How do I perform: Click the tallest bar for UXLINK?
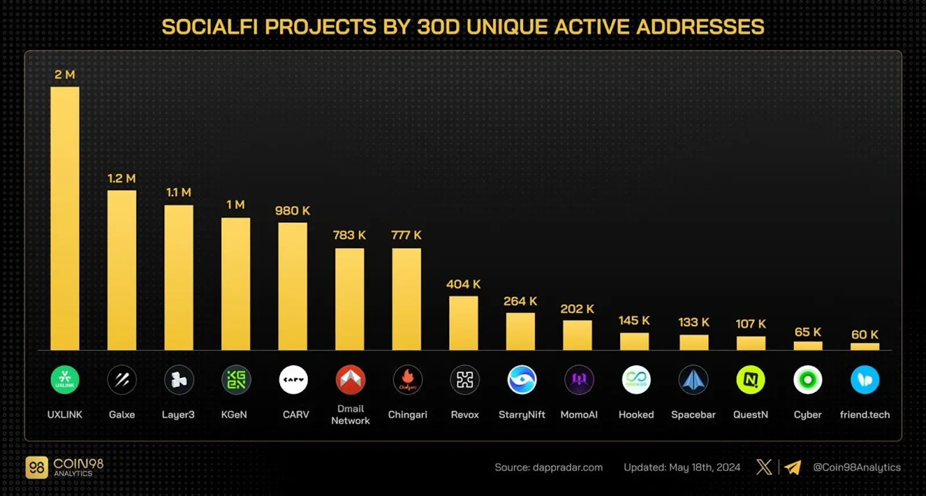pyautogui.click(x=65, y=218)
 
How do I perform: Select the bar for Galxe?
pyautogui.click(x=122, y=270)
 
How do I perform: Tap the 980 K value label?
pyautogui.click(x=292, y=211)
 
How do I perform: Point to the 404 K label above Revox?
pyautogui.click(x=463, y=285)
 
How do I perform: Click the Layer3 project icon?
pyautogui.click(x=179, y=380)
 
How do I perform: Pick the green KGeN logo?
pyautogui.click(x=236, y=380)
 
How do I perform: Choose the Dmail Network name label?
pyautogui.click(x=350, y=415)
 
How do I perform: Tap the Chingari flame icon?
pyautogui.click(x=407, y=380)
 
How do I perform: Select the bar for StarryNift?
pyautogui.click(x=520, y=331)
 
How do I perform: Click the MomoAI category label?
pyautogui.click(x=579, y=415)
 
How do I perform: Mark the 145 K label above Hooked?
pyautogui.click(x=634, y=320)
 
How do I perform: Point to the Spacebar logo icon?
pyautogui.click(x=693, y=380)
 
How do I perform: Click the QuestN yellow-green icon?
pyautogui.click(x=751, y=380)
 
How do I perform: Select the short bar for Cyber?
pyautogui.click(x=807, y=346)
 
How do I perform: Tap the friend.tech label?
pyautogui.click(x=865, y=415)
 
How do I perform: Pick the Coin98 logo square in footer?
pyautogui.click(x=37, y=468)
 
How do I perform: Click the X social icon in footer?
pyautogui.click(x=764, y=467)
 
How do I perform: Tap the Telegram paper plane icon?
pyautogui.click(x=793, y=467)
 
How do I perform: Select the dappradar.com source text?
pyautogui.click(x=567, y=468)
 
